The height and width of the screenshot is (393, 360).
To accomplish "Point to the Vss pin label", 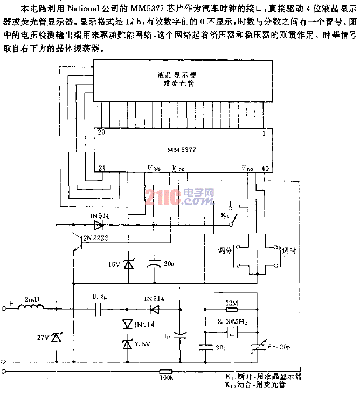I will tap(153, 168).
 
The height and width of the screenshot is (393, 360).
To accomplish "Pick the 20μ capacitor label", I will tap(169, 264).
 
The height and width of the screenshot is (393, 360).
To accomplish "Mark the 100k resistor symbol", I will tap(167, 371).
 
